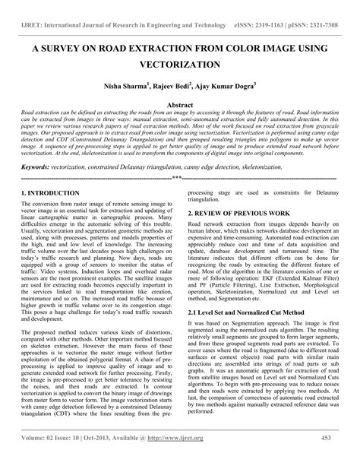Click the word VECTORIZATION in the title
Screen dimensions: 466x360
(x=179, y=66)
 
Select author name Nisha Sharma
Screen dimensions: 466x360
(x=138, y=89)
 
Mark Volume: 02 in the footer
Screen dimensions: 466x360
(x=42, y=458)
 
